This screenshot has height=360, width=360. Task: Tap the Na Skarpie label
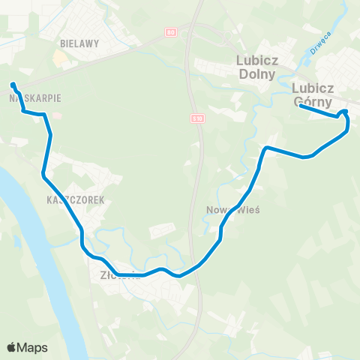tap(29, 97)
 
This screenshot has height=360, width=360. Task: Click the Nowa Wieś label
tap(232, 210)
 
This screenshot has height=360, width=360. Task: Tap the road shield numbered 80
tap(172, 31)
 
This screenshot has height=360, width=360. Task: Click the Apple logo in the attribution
tap(11, 348)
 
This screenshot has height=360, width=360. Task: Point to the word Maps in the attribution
tap(33, 348)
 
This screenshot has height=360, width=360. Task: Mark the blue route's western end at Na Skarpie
tap(13, 85)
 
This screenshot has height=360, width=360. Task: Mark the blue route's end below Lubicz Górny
tap(301, 106)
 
